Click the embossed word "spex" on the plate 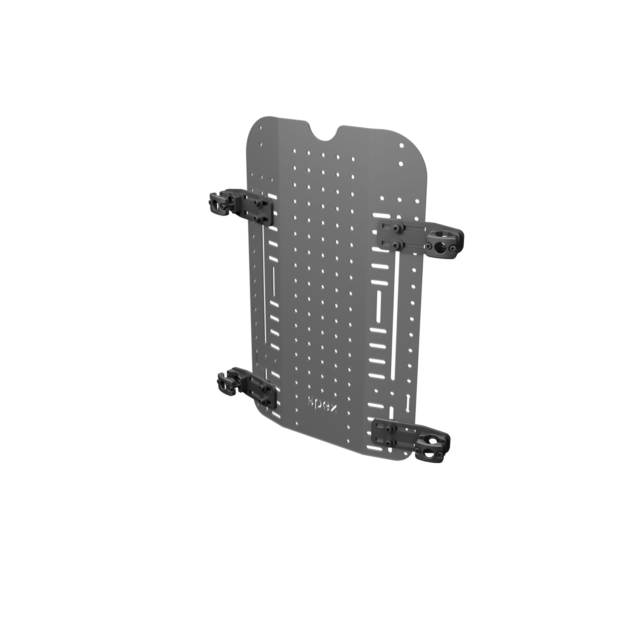coord(322,403)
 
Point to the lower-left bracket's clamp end coord(227,381)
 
